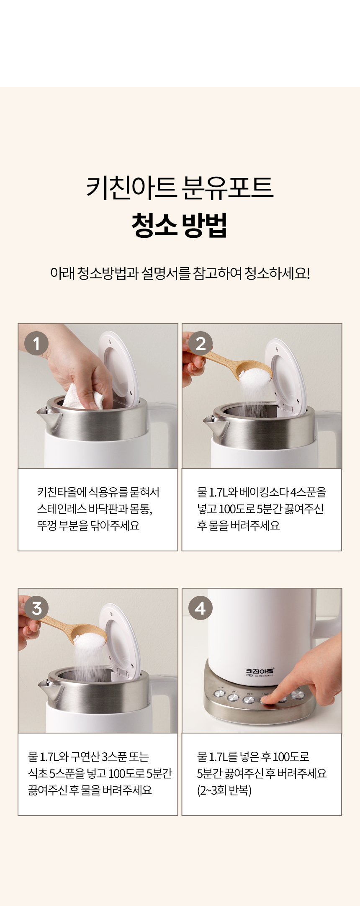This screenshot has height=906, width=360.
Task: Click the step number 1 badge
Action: coord(36,343)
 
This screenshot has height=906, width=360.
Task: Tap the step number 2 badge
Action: coord(201,343)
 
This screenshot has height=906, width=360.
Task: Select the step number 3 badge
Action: coord(36,608)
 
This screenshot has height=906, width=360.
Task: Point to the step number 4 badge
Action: coord(201,608)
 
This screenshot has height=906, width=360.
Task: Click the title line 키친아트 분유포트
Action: coord(180,187)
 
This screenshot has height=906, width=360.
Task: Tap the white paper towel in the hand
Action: coord(84,396)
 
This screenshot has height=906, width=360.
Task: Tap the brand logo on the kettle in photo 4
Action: coord(260,672)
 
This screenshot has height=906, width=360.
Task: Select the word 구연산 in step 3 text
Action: coord(85,757)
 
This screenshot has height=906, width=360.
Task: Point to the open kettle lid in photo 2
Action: coord(285,375)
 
